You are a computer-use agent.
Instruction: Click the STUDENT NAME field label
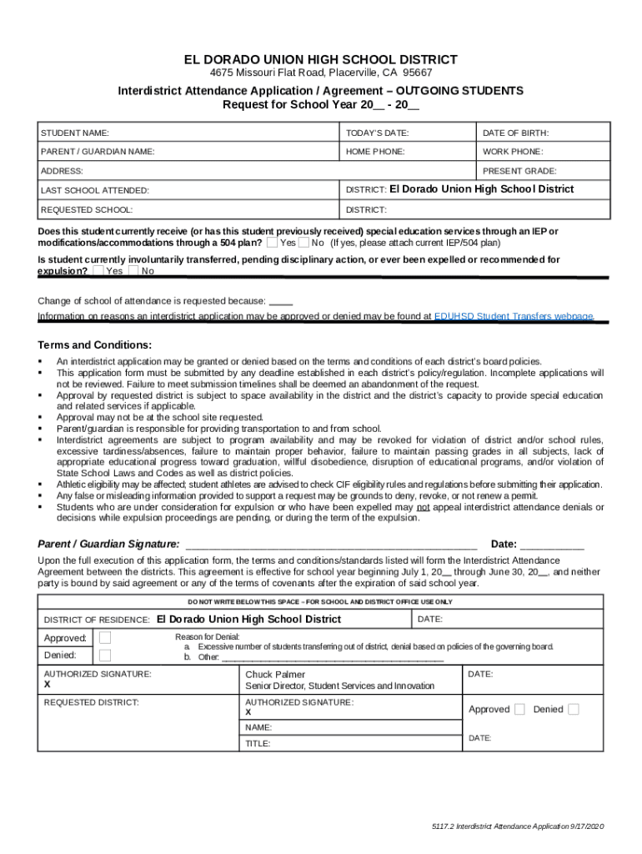[x=75, y=133]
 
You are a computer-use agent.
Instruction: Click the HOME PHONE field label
[x=375, y=152]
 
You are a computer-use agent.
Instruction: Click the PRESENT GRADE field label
[x=519, y=171]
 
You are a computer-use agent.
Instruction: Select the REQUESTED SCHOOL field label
[x=87, y=210]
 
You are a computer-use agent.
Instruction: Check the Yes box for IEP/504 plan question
[x=273, y=243]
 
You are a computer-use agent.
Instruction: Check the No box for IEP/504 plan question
[x=304, y=243]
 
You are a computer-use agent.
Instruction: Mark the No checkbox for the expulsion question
[x=134, y=271]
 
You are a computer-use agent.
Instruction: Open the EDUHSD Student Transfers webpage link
[x=514, y=317]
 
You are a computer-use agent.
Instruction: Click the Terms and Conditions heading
[x=94, y=345]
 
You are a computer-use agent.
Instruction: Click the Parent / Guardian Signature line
[x=330, y=545]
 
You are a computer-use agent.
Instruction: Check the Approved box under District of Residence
[x=104, y=638]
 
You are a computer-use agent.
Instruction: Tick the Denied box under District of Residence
[x=104, y=656]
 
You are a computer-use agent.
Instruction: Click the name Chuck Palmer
[x=275, y=674]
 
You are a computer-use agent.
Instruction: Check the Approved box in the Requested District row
[x=519, y=709]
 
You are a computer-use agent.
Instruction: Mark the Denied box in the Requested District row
[x=574, y=709]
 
